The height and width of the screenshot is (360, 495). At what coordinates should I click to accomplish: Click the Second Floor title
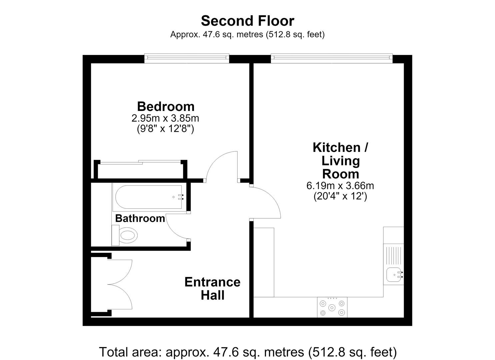pyautogui.click(x=247, y=21)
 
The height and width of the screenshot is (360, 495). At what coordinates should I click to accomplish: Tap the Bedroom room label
pyautogui.click(x=166, y=107)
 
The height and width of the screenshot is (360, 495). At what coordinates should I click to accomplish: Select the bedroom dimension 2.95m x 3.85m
pyautogui.click(x=165, y=118)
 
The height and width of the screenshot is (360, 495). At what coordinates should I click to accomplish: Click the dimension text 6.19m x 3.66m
pyautogui.click(x=340, y=186)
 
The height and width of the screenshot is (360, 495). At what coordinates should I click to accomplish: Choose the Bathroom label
pyautogui.click(x=140, y=218)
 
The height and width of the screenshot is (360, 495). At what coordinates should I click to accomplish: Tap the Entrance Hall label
pyautogui.click(x=212, y=288)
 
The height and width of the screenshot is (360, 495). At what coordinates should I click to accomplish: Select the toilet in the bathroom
pyautogui.click(x=125, y=235)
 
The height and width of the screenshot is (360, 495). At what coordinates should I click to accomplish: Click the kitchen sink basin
pyautogui.click(x=394, y=275)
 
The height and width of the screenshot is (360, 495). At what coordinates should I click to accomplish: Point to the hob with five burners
pyautogui.click(x=332, y=307)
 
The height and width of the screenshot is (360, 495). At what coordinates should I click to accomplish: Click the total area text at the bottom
pyautogui.click(x=248, y=352)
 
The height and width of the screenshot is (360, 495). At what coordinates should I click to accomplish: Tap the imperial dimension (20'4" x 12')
pyautogui.click(x=340, y=196)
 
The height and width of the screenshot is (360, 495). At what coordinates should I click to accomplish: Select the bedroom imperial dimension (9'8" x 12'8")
pyautogui.click(x=166, y=128)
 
